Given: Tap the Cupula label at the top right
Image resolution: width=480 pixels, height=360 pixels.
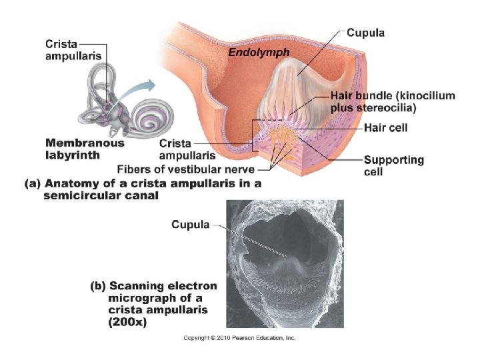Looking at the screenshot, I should [365, 33].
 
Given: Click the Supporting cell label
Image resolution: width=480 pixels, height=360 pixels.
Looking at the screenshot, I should [393, 165].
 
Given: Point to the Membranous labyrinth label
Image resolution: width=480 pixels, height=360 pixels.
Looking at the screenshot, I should [85, 149].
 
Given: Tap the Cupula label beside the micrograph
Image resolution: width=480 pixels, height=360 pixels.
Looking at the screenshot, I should [191, 225].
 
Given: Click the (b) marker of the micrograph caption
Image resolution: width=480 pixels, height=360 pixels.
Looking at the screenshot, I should [98, 286].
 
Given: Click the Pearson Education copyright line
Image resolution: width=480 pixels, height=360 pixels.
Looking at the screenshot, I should [239, 338].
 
